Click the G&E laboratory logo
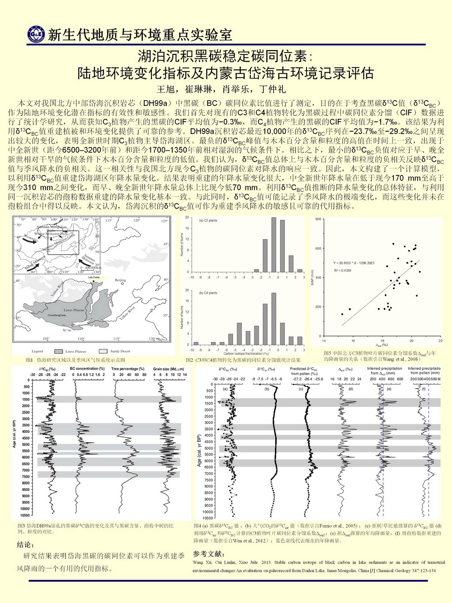35,34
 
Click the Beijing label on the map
120,280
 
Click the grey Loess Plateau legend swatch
59,351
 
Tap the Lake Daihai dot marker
94,281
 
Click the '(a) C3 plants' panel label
208,220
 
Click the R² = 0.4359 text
344,271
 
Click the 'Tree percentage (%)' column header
129,369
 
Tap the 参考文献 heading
208,553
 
